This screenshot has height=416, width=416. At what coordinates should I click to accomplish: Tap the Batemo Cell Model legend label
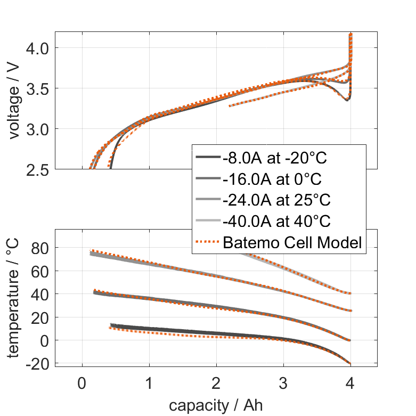point(293,243)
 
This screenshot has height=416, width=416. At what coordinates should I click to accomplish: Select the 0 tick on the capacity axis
point(81,384)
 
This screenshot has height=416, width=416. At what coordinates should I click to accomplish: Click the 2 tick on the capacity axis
point(216,384)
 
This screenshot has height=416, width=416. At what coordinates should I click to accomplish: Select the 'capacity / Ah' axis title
point(216,405)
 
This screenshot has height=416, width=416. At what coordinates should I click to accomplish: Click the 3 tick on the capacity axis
point(283,384)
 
